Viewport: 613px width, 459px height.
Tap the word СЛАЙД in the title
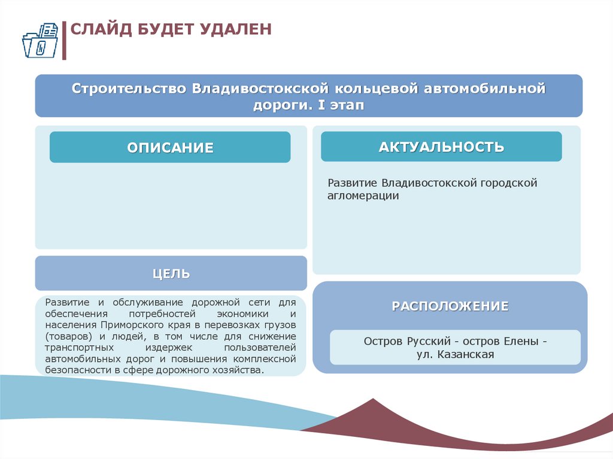[98, 29]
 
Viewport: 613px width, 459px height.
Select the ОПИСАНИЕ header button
[170, 147]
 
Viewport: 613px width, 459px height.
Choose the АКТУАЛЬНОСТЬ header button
[441, 147]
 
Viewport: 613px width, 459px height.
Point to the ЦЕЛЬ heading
[171, 274]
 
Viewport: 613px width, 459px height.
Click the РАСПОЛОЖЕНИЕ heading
[450, 306]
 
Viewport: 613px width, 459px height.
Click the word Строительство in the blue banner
[129, 89]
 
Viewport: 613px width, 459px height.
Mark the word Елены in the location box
[525, 341]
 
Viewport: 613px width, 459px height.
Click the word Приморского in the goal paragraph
[131, 325]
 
